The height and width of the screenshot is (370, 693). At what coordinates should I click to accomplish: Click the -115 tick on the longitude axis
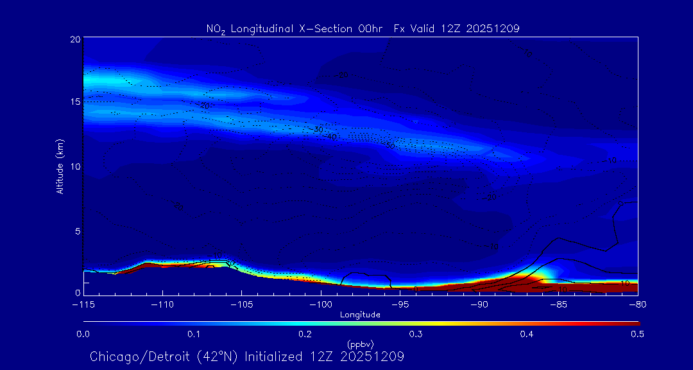click(83, 304)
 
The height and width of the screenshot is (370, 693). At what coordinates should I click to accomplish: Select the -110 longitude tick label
click(162, 304)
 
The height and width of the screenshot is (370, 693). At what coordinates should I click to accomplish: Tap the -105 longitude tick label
click(241, 304)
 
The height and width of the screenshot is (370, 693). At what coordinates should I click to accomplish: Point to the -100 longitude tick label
click(320, 304)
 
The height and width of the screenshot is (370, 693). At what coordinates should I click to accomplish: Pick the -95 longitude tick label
click(400, 304)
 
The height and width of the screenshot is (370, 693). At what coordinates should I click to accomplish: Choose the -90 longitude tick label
click(479, 304)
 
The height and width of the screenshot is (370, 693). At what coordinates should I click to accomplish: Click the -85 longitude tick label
click(558, 304)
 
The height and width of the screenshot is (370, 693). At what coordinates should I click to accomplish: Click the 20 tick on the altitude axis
click(74, 39)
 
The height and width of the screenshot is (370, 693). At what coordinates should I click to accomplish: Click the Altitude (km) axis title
click(60, 166)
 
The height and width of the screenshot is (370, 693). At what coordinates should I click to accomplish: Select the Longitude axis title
click(360, 314)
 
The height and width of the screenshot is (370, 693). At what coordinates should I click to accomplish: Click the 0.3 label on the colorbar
click(416, 334)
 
